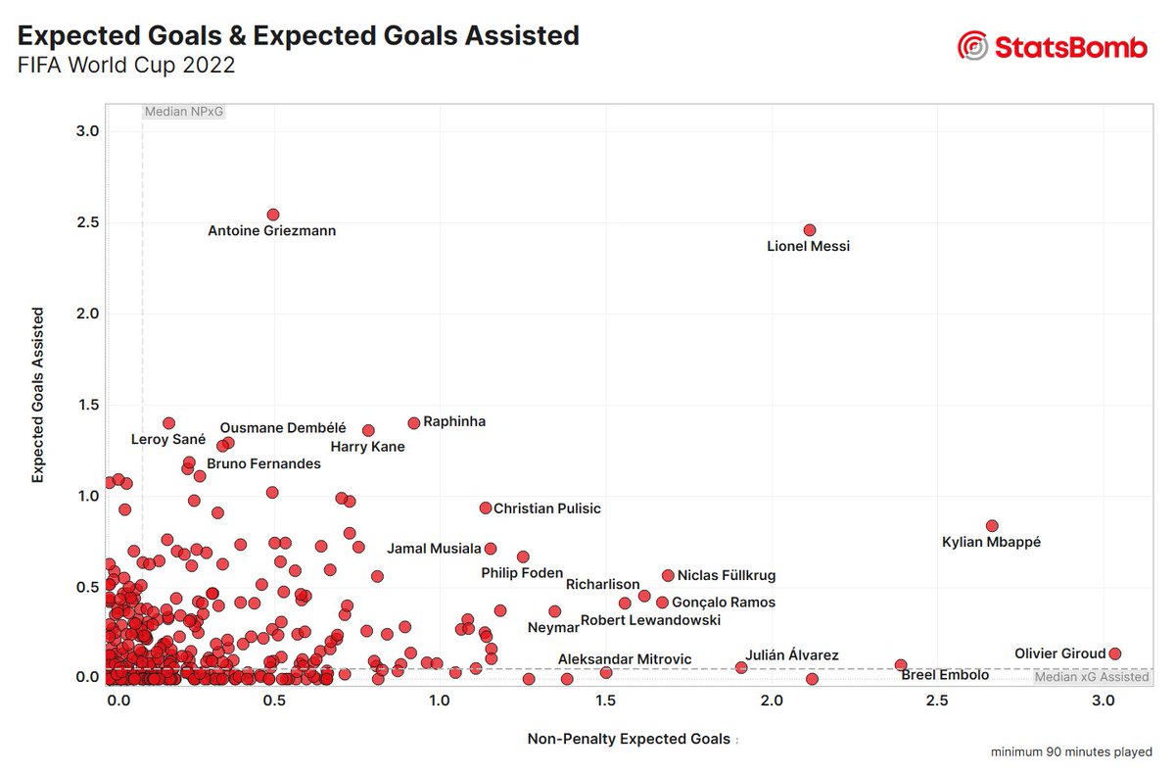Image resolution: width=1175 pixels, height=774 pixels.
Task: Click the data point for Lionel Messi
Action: click(x=809, y=230)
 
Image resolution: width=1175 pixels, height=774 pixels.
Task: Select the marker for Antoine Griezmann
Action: click(x=273, y=215)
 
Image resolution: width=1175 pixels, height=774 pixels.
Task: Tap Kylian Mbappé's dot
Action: click(x=991, y=526)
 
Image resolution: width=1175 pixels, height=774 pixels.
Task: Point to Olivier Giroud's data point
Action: click(x=1114, y=653)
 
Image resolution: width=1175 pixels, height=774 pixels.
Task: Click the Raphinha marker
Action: click(x=413, y=423)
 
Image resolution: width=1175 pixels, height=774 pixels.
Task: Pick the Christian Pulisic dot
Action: click(x=485, y=508)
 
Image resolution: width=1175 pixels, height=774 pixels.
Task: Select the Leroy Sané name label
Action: click(x=168, y=440)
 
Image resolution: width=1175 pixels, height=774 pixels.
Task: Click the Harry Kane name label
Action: click(x=367, y=447)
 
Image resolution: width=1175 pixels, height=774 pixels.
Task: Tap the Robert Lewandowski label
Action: click(x=650, y=620)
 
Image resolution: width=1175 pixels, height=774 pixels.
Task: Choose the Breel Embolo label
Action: click(x=944, y=675)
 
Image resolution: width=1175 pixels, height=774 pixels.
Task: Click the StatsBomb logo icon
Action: click(x=972, y=46)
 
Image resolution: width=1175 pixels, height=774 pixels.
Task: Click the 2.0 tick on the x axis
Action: click(x=772, y=701)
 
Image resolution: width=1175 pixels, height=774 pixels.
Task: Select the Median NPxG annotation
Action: click(x=184, y=112)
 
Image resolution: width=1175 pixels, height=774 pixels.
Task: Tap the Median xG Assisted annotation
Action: click(x=1091, y=677)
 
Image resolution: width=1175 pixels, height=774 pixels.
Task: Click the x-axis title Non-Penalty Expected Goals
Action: click(x=629, y=739)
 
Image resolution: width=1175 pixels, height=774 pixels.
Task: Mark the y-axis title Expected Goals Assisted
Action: click(x=38, y=395)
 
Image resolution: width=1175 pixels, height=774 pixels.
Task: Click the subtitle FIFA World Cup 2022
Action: click(x=125, y=67)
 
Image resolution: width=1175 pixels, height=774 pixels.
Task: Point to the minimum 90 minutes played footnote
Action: click(x=1070, y=752)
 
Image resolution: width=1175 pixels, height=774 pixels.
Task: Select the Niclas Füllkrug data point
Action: click(x=668, y=576)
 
